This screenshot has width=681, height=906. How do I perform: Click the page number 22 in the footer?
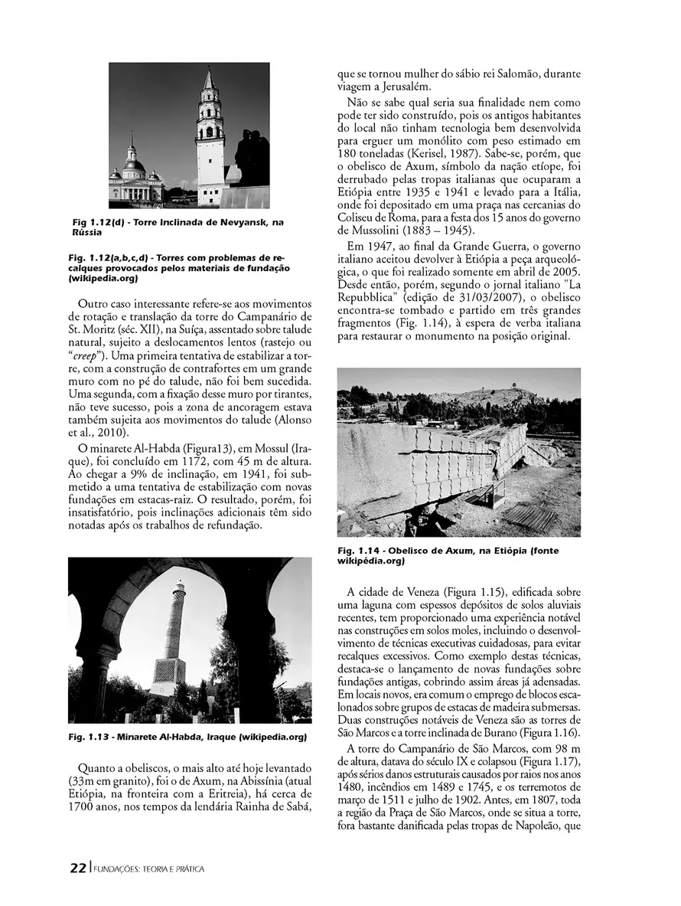tap(77, 868)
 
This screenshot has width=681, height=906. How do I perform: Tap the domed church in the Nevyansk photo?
tap(135, 175)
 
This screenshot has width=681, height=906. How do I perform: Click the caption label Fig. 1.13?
tap(90, 737)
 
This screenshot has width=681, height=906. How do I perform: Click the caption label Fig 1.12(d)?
tap(98, 222)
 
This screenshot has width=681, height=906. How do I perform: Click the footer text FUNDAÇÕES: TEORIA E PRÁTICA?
tap(148, 869)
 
